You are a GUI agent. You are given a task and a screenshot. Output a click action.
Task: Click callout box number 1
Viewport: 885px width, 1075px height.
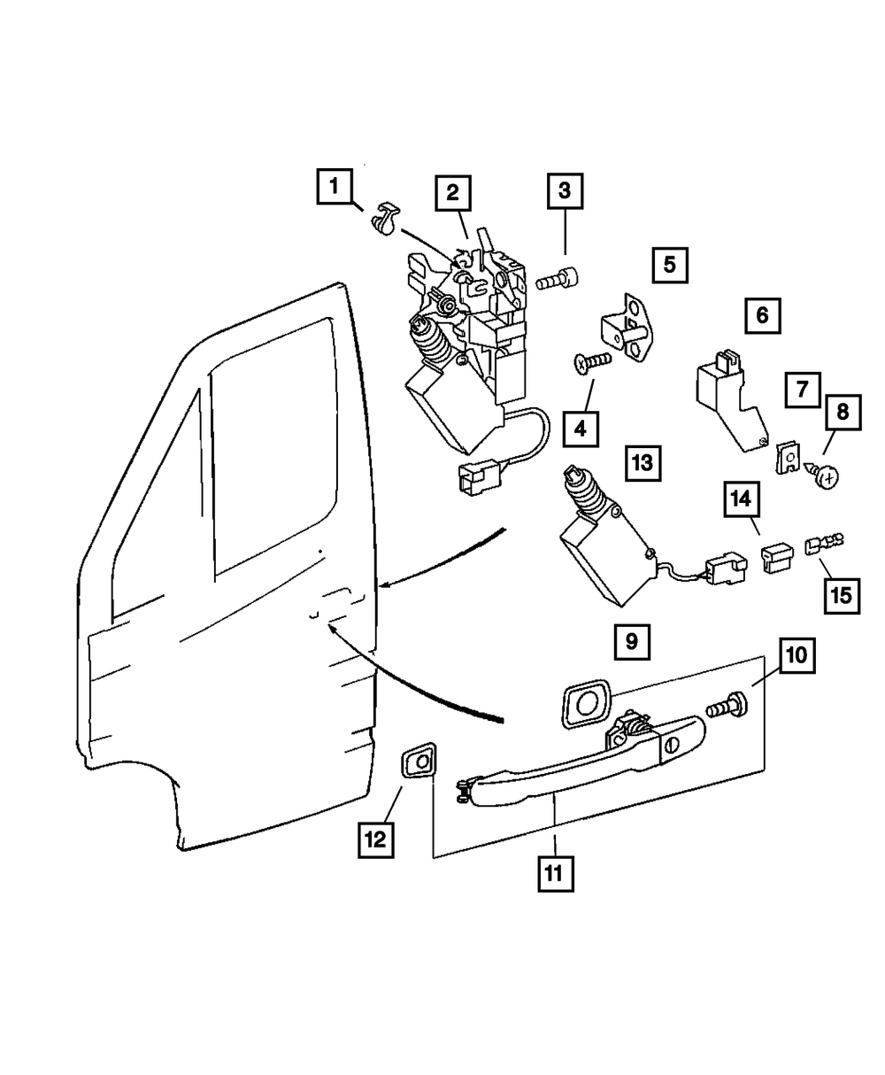pyautogui.click(x=335, y=186)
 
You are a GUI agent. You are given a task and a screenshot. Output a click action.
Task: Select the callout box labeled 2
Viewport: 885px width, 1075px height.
pyautogui.click(x=453, y=193)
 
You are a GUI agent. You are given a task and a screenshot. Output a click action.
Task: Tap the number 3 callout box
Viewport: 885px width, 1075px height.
pyautogui.click(x=565, y=191)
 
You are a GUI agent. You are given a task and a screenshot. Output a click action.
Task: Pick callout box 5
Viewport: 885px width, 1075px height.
pyautogui.click(x=670, y=265)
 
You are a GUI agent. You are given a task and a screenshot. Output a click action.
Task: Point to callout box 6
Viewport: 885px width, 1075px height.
pyautogui.click(x=763, y=315)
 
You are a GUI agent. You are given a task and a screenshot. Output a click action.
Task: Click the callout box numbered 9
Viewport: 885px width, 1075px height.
pyautogui.click(x=632, y=642)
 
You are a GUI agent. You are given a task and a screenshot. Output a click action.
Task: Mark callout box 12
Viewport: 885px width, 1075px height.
pyautogui.click(x=375, y=839)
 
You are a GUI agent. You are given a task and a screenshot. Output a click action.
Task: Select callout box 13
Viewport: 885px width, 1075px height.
pyautogui.click(x=643, y=463)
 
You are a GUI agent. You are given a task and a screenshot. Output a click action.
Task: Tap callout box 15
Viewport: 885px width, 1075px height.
pyautogui.click(x=842, y=596)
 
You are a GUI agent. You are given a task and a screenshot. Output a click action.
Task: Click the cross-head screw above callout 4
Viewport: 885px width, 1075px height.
pyautogui.click(x=592, y=363)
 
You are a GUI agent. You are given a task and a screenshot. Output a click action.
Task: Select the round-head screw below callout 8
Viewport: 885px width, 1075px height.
pyautogui.click(x=822, y=476)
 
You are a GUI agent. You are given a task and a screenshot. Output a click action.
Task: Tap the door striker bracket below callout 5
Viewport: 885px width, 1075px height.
pyautogui.click(x=624, y=328)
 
